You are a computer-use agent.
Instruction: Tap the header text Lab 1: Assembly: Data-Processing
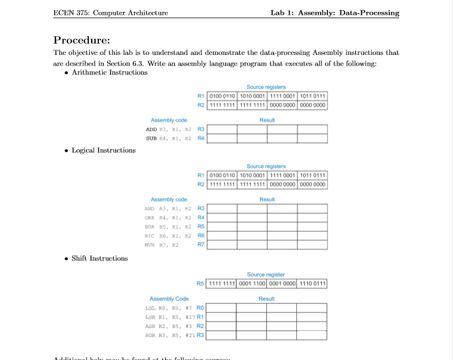(x=335, y=13)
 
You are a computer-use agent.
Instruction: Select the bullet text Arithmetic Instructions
(x=110, y=72)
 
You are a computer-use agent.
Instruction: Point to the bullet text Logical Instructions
(x=103, y=150)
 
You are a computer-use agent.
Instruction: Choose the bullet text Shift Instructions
(x=100, y=258)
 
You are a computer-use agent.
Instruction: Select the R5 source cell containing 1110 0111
(x=312, y=283)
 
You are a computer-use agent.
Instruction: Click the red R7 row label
(x=201, y=245)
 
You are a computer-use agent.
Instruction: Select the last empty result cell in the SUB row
(x=312, y=138)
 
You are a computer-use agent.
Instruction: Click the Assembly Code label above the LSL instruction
(x=169, y=298)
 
